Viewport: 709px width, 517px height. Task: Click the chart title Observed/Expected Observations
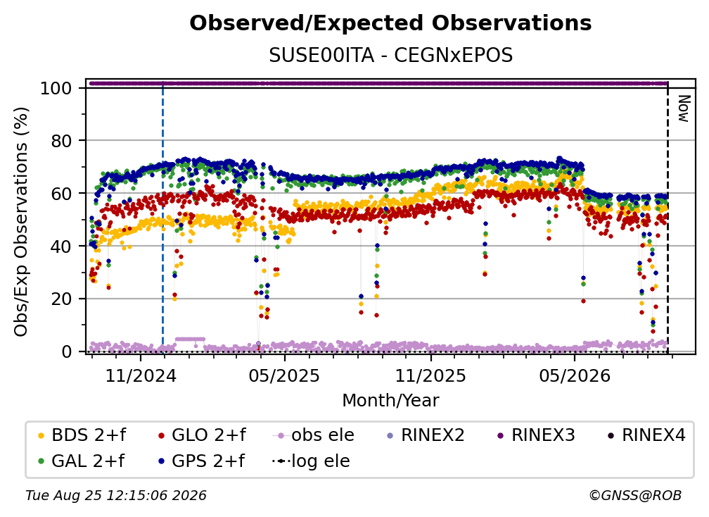(x=390, y=23)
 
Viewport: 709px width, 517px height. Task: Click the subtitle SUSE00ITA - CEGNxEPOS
(x=390, y=56)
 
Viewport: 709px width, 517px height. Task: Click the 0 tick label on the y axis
(x=67, y=351)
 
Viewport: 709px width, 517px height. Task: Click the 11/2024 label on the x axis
(x=141, y=375)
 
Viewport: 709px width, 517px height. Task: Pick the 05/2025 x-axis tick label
(x=284, y=375)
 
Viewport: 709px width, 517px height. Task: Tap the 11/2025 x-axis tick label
(x=430, y=375)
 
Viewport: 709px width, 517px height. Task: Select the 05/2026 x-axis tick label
(x=575, y=375)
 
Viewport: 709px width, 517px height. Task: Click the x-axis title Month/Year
(x=390, y=401)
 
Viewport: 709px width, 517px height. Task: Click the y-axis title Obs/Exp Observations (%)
(x=21, y=222)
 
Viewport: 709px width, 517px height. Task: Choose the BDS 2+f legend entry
(x=82, y=435)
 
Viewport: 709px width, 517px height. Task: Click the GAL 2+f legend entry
(x=82, y=461)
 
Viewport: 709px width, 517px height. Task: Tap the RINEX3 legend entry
(x=536, y=435)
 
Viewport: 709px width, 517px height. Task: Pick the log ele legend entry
(x=311, y=461)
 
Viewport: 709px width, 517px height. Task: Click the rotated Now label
(x=683, y=108)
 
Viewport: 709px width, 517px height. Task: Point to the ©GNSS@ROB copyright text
(x=635, y=495)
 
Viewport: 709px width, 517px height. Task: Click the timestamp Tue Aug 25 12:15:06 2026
(x=116, y=495)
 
